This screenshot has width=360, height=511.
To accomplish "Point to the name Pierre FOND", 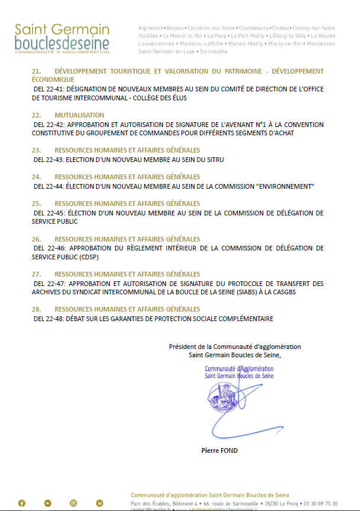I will click(219, 450).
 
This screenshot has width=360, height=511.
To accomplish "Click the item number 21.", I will click(36, 71).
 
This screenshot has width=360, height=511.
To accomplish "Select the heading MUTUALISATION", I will click(79, 115).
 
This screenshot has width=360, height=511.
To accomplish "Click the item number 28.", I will click(36, 309).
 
